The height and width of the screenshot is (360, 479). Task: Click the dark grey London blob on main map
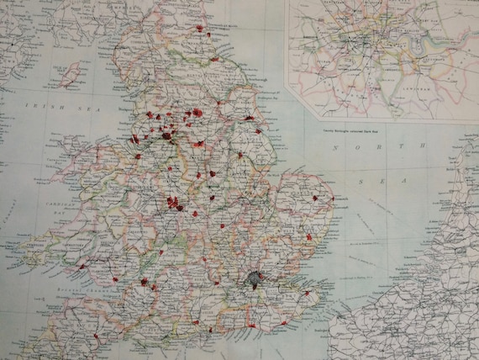[x=253, y=282]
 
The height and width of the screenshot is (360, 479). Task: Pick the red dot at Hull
[x=250, y=119]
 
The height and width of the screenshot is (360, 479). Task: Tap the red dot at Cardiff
[x=144, y=282]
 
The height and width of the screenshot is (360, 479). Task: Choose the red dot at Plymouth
[x=95, y=335]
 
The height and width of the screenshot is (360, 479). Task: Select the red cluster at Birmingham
[x=174, y=203]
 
